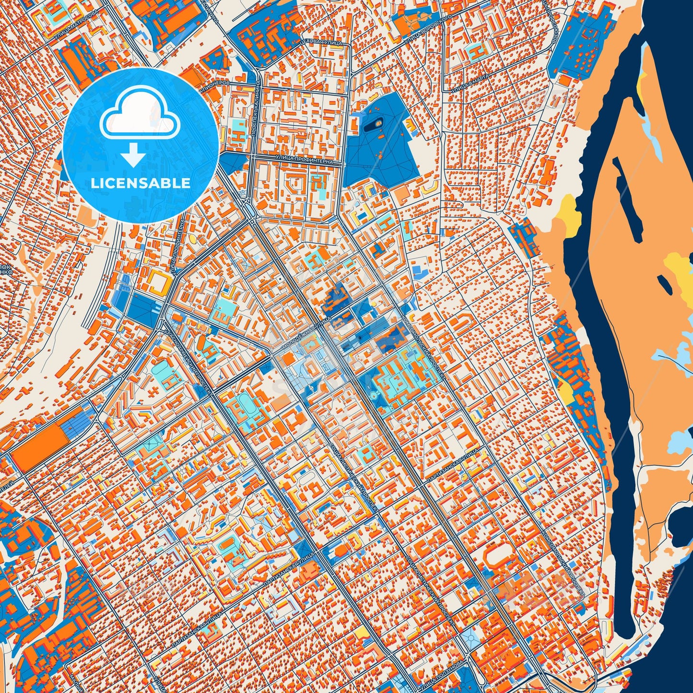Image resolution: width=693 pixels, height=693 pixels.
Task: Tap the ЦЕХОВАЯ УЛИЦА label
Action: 321,42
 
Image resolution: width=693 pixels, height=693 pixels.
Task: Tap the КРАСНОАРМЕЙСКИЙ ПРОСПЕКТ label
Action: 188,360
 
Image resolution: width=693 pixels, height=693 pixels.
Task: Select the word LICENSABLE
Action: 141,183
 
